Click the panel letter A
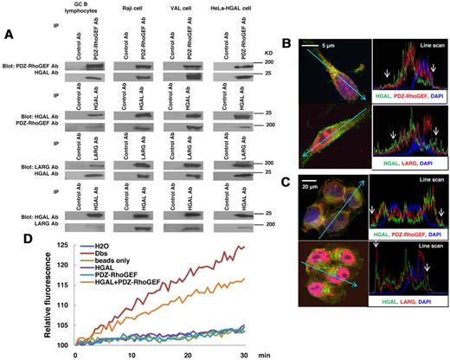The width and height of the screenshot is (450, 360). point(10,35)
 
